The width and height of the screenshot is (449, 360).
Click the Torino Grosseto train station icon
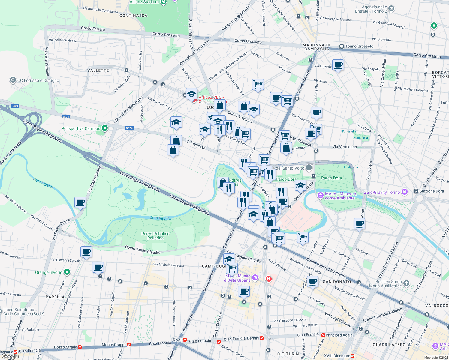point(342,46)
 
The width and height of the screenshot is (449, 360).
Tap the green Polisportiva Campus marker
point(105,128)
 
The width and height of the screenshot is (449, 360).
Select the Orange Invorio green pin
point(67,272)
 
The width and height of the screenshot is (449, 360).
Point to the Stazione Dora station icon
point(416,191)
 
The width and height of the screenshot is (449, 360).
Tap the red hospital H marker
point(268,279)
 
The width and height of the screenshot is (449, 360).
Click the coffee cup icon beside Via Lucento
point(338,65)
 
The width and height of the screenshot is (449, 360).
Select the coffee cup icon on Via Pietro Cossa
point(80,202)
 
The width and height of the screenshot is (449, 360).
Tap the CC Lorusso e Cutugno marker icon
point(13,80)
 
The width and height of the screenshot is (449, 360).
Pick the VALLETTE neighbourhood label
point(98,70)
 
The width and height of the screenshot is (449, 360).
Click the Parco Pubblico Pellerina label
point(155,236)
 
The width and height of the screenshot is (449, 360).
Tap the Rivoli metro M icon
point(185,340)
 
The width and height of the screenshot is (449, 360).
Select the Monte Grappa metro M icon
point(129,345)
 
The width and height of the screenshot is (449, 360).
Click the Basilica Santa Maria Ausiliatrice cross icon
point(406,283)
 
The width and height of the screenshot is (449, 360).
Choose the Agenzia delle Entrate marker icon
point(391,9)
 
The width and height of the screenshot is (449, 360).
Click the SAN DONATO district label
point(337,282)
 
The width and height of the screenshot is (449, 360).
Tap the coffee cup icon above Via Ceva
point(359,224)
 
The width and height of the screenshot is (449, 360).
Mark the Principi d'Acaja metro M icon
point(323,335)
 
